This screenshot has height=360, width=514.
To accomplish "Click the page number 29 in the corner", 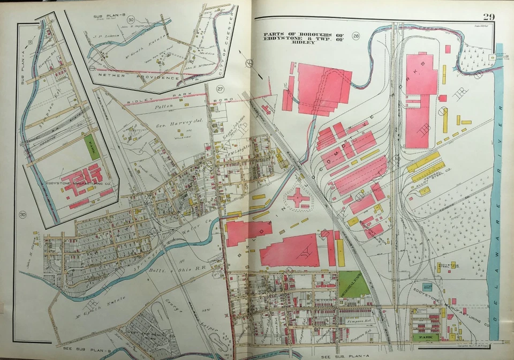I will [x=488, y=17].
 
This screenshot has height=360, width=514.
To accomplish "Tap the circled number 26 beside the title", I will [x=356, y=36].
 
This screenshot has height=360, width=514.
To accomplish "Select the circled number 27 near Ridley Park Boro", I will [x=220, y=89].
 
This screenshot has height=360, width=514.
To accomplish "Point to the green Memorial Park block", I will [x=353, y=284].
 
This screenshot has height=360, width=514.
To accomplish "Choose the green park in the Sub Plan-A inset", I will [x=91, y=146].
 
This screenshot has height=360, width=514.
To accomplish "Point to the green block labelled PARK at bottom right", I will [x=425, y=337].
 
